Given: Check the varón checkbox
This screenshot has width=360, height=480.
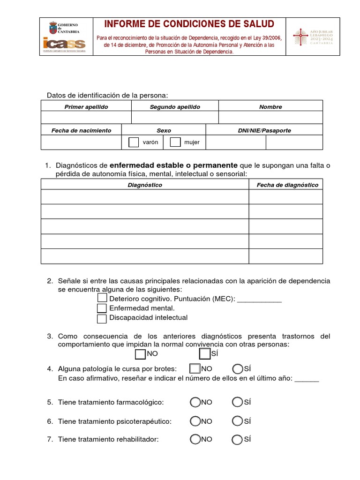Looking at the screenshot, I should pos(134,142).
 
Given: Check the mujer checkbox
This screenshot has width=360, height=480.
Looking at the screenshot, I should pos(175,142).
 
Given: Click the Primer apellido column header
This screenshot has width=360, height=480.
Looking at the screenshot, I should pos(86,107).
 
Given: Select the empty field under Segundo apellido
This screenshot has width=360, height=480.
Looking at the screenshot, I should pos(175,117).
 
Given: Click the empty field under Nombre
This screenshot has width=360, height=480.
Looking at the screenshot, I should pos(270,117).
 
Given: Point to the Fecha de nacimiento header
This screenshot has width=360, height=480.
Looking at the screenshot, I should pos(82,130).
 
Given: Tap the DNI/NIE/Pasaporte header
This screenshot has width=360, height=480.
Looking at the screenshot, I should pos(264,130).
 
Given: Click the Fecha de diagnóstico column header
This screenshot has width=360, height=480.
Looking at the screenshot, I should pos(287,185).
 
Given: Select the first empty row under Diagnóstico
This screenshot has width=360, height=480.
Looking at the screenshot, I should pos(145,197).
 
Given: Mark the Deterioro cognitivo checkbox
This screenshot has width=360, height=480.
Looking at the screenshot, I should pos(102,298).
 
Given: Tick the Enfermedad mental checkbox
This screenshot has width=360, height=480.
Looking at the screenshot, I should pos(102,308).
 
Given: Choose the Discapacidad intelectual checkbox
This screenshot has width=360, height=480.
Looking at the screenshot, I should pos(102,318).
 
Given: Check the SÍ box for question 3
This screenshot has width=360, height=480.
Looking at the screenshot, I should pos(205,353).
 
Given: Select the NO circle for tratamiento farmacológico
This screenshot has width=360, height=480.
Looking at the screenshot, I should pos(195,402).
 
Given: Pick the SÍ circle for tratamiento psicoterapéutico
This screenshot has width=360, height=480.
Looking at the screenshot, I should pos(237,421).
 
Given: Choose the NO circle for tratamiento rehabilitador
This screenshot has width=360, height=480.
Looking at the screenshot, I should pos(195,439).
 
